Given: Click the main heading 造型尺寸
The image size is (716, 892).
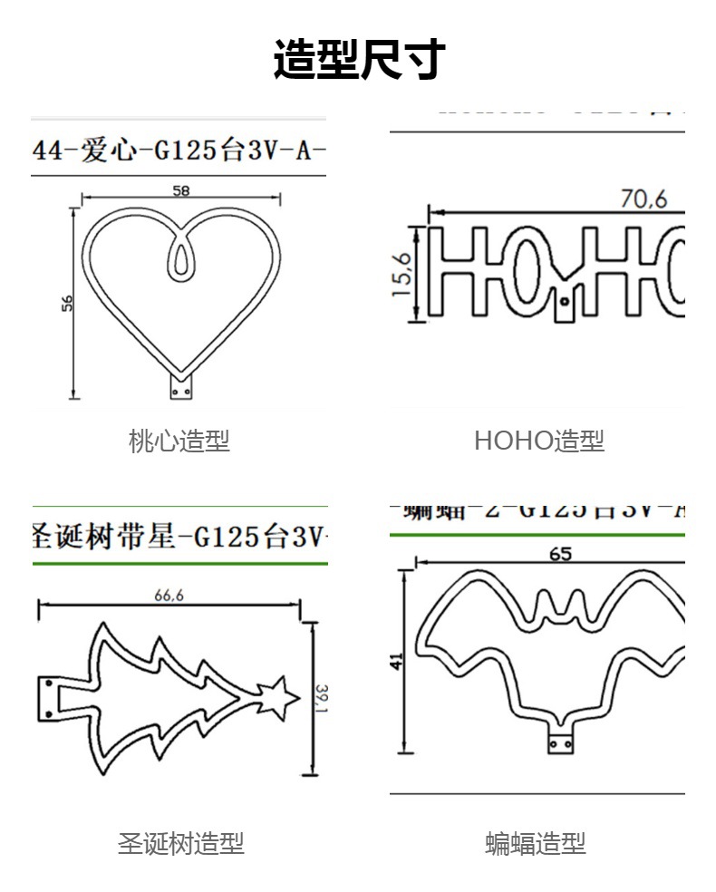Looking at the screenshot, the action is click(359, 60).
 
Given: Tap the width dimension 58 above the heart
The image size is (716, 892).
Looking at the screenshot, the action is click(180, 190).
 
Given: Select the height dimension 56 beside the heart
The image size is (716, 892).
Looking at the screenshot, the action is click(66, 304).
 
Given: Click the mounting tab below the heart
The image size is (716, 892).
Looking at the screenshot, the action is click(181, 388).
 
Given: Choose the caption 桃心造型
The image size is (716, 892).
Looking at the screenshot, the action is click(179, 441).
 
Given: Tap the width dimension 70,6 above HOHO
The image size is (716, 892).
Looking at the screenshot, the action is click(643, 198).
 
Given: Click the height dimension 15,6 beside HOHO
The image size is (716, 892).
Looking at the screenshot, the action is click(402, 274).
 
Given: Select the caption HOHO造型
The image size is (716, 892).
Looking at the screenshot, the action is click(538, 441).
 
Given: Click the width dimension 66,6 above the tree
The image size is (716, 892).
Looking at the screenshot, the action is click(169, 596).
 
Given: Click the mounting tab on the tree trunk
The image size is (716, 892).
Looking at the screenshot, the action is click(46, 697).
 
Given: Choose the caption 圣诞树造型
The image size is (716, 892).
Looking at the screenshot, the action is click(180, 844).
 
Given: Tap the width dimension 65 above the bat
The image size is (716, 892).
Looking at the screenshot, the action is click(560, 553).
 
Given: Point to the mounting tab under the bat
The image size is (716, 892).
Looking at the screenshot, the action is click(560, 743).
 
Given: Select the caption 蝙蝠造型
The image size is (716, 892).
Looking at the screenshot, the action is click(536, 844).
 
